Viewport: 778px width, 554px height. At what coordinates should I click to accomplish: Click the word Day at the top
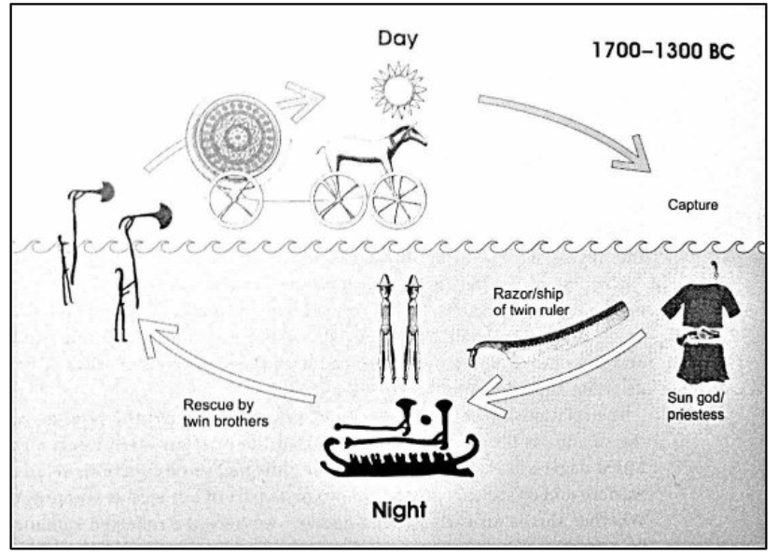(397, 38)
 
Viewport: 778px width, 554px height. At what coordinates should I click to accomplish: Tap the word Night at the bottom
(399, 510)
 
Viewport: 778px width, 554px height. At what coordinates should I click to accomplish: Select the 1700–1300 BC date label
(663, 50)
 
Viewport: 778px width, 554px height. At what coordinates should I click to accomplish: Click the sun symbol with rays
(398, 90)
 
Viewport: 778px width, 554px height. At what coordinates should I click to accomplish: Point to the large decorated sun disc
(233, 136)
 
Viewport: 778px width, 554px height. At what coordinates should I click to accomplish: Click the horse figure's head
(410, 135)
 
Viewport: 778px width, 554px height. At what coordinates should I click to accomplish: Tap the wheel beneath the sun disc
(236, 201)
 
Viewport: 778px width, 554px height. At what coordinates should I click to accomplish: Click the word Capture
(693, 205)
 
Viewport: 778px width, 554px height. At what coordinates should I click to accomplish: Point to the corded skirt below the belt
(702, 364)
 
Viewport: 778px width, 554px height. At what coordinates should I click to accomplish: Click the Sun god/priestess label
(696, 406)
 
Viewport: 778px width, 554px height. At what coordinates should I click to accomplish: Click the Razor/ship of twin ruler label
(531, 301)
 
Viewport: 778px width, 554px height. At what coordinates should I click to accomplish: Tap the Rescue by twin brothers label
(226, 412)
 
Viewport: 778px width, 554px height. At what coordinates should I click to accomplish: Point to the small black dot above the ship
(424, 420)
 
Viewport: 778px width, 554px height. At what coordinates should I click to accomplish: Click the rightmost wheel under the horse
(399, 201)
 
